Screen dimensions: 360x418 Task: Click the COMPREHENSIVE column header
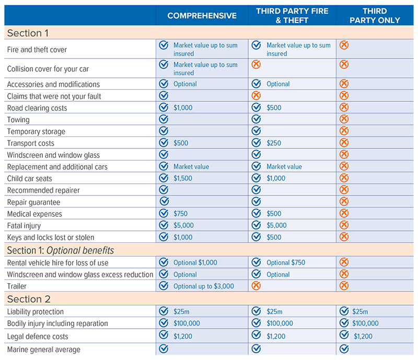pyautogui.click(x=202, y=16)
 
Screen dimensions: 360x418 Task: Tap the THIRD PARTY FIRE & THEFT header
pyautogui.click(x=292, y=16)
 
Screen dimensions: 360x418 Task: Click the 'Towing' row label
pyautogui.click(x=18, y=120)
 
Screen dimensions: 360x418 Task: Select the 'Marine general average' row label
pyautogui.click(x=44, y=349)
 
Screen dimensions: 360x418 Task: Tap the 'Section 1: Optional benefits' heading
pyautogui.click(x=60, y=250)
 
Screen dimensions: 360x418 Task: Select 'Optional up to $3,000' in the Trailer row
pyautogui.click(x=204, y=286)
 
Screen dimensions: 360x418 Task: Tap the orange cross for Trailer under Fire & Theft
pyautogui.click(x=256, y=286)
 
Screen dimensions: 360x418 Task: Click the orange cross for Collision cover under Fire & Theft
pyautogui.click(x=256, y=65)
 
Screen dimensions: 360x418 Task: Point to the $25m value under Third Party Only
pyautogui.click(x=360, y=311)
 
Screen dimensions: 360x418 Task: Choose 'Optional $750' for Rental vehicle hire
pyautogui.click(x=286, y=262)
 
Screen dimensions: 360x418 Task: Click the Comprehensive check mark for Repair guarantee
pyautogui.click(x=164, y=202)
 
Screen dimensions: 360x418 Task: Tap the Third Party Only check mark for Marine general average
pyautogui.click(x=344, y=349)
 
